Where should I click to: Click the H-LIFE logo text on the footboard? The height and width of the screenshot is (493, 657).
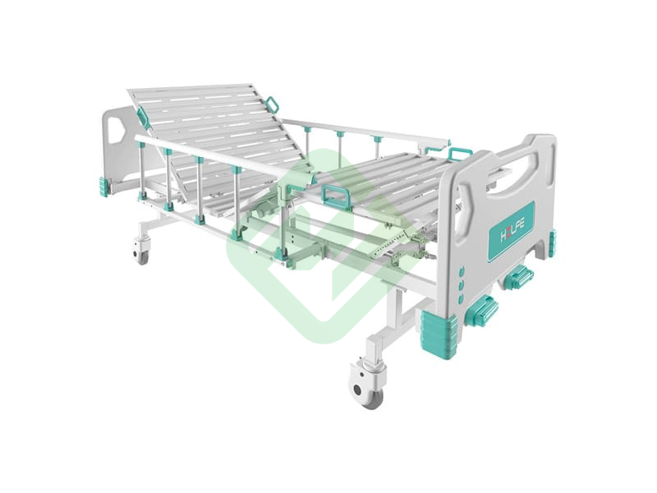pyautogui.click(x=512, y=232)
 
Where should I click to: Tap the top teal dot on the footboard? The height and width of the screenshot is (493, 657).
pyautogui.click(x=462, y=271)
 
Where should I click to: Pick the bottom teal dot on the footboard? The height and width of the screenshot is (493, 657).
pyautogui.click(x=461, y=298)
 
